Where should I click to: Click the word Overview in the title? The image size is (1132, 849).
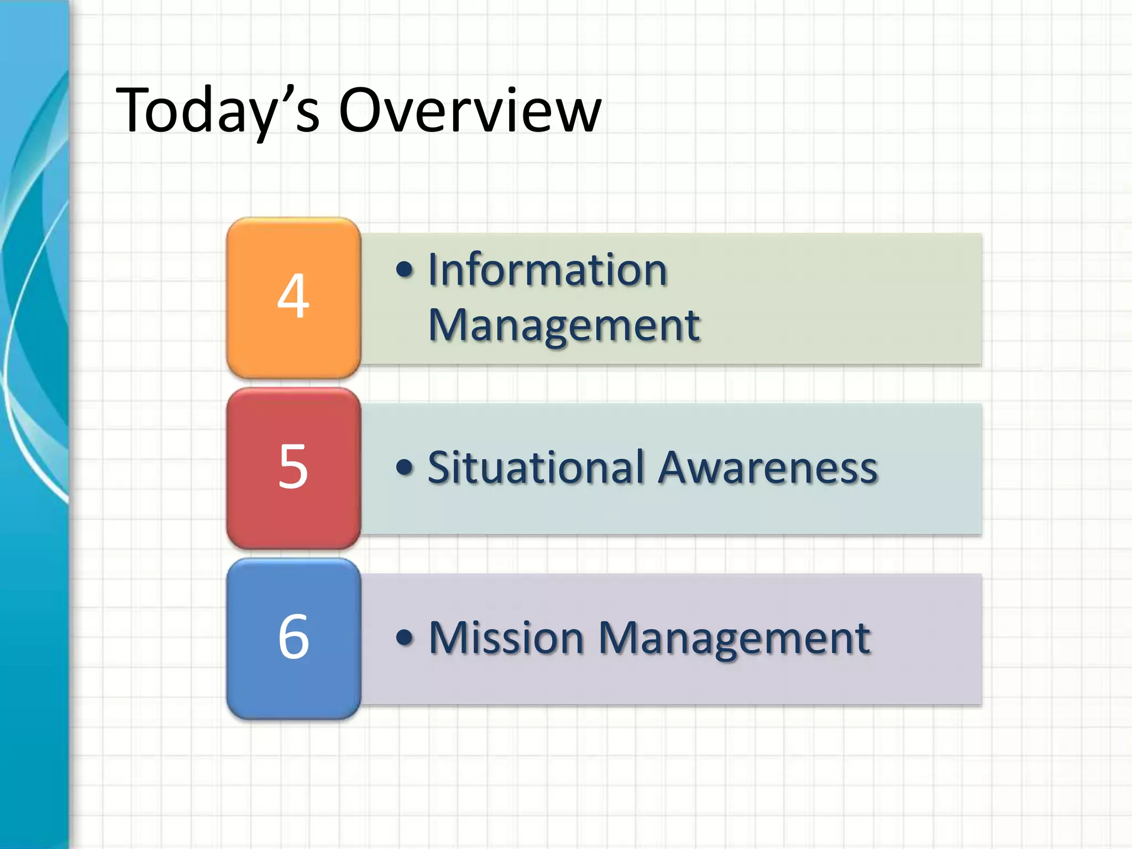[470, 111]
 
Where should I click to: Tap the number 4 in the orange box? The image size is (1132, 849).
[293, 296]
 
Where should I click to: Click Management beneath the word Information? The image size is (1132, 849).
[564, 326]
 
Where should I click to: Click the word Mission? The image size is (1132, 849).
[506, 638]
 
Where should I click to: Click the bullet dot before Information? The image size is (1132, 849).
[405, 270]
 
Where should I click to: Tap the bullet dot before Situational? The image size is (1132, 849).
[405, 468]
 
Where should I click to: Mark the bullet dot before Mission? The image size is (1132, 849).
[405, 637]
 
